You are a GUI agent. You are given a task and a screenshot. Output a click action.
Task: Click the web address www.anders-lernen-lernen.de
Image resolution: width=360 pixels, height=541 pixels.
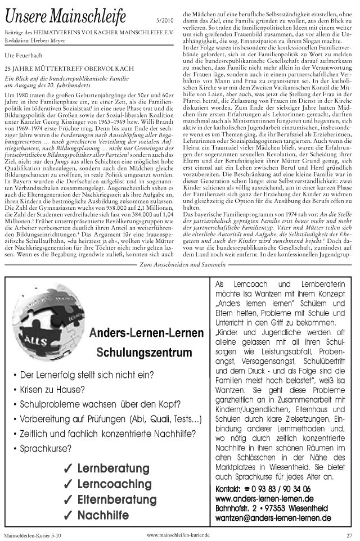click(264, 499)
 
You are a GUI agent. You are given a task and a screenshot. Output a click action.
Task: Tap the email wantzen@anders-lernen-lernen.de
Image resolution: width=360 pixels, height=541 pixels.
click(273, 517)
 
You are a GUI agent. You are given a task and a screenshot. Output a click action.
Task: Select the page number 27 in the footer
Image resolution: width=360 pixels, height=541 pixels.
click(349, 535)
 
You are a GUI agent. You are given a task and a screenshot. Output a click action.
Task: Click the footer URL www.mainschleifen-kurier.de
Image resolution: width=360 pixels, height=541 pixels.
click(178, 534)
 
